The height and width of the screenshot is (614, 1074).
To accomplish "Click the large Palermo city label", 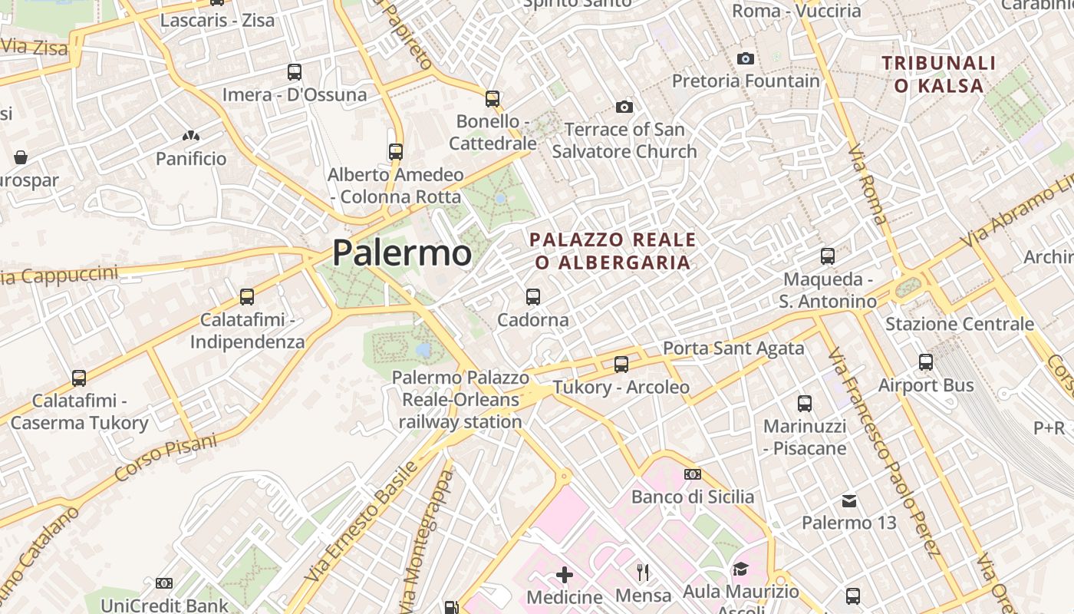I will point(402,253).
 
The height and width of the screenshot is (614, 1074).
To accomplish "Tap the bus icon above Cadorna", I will point(533,296).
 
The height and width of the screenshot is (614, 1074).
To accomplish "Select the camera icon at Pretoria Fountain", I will point(745,58).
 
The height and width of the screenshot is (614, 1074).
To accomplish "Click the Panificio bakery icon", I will point(191,137).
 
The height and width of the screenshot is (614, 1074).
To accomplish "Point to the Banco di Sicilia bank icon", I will point(693,474).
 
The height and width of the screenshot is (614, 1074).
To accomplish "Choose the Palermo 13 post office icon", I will point(849,501).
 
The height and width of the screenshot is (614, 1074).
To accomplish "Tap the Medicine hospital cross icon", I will point(565,575).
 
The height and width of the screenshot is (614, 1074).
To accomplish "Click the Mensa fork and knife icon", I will point(644,572).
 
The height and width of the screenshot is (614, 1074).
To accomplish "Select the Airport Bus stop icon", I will point(926,362).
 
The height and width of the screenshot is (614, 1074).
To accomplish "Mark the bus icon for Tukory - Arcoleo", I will point(621,365).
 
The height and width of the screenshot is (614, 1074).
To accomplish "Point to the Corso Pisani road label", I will point(165,457).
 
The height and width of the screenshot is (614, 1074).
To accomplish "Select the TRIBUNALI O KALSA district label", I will point(939,74).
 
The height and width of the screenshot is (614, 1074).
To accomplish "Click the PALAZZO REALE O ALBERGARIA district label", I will point(613,251).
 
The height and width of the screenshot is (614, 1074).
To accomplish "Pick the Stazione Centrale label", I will point(960,324).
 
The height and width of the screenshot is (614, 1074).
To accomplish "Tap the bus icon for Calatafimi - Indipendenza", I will point(247,297).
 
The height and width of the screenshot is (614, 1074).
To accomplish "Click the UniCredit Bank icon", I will point(164,583).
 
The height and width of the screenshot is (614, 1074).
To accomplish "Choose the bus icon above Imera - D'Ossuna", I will point(295,72).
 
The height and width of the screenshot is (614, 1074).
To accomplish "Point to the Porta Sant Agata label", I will point(733,348).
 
